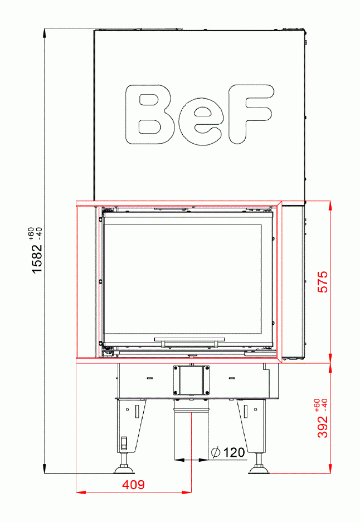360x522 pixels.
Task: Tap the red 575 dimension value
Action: click(x=322, y=282)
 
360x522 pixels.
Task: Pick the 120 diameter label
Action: click(x=234, y=452)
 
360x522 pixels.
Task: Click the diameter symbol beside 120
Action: click(x=216, y=452)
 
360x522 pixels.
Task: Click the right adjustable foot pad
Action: click(x=259, y=470)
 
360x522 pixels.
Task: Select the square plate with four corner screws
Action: click(x=192, y=380)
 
